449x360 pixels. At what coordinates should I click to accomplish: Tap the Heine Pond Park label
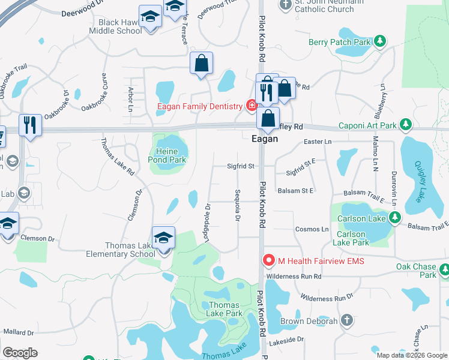point(167,155)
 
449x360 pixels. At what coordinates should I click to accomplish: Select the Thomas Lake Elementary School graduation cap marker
point(163,238)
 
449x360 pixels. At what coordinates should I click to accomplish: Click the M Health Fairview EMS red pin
point(268,260)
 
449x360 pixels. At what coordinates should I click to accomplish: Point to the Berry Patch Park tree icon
point(379,41)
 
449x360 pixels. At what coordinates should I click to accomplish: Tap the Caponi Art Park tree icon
point(406,125)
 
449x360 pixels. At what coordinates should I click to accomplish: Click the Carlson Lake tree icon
point(394,218)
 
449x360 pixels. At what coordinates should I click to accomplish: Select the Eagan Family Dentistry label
point(200,107)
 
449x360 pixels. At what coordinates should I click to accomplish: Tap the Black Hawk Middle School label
point(115,27)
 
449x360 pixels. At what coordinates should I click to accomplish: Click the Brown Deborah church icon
point(346,320)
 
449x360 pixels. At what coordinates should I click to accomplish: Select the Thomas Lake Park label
point(224,309)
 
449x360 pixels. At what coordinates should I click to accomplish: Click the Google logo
point(20,353)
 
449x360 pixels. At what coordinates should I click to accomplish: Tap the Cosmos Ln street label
point(312,229)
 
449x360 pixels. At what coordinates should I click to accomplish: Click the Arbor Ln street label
point(130,100)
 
